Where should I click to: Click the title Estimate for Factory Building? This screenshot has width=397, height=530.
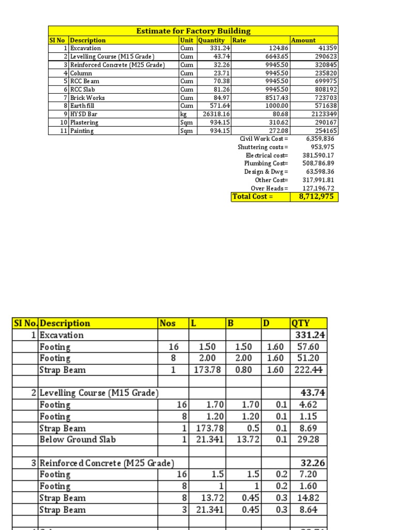pyautogui.click(x=193, y=31)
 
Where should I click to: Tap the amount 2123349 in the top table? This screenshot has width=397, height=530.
pyautogui.click(x=323, y=114)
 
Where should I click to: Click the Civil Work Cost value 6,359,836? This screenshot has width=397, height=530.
pyautogui.click(x=320, y=139)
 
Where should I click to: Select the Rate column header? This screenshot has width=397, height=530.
pyautogui.click(x=239, y=40)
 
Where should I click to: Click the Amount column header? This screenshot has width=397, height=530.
pyautogui.click(x=303, y=40)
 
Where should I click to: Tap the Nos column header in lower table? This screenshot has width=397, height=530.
pyautogui.click(x=167, y=323)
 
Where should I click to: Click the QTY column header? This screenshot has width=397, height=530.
pyautogui.click(x=301, y=323)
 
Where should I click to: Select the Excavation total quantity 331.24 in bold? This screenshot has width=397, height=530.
pyautogui.click(x=310, y=335)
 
